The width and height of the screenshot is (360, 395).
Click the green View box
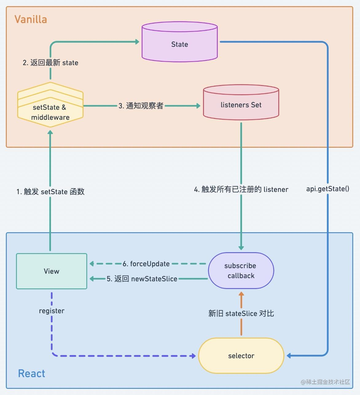click(52, 271)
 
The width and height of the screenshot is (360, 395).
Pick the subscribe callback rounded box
click(241, 271)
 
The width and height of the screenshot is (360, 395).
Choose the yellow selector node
click(241, 356)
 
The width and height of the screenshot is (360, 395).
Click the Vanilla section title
click(31, 19)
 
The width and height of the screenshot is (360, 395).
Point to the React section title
click(31, 373)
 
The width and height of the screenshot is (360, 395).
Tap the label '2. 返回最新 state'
click(50, 63)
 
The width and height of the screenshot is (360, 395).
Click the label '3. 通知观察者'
click(141, 106)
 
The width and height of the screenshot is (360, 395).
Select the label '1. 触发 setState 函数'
click(50, 192)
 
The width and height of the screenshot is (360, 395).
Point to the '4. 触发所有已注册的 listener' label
click(241, 189)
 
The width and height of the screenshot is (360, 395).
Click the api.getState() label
click(327, 189)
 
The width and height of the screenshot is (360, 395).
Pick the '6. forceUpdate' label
click(146, 264)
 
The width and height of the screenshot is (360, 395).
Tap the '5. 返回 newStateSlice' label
click(142, 279)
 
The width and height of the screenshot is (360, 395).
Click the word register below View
click(52, 311)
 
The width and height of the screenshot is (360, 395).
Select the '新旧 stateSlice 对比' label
click(241, 313)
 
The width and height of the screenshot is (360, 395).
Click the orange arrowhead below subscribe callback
click(241, 294)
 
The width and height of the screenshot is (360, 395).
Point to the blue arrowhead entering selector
click(289, 356)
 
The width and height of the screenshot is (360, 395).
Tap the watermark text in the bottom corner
click(325, 382)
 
